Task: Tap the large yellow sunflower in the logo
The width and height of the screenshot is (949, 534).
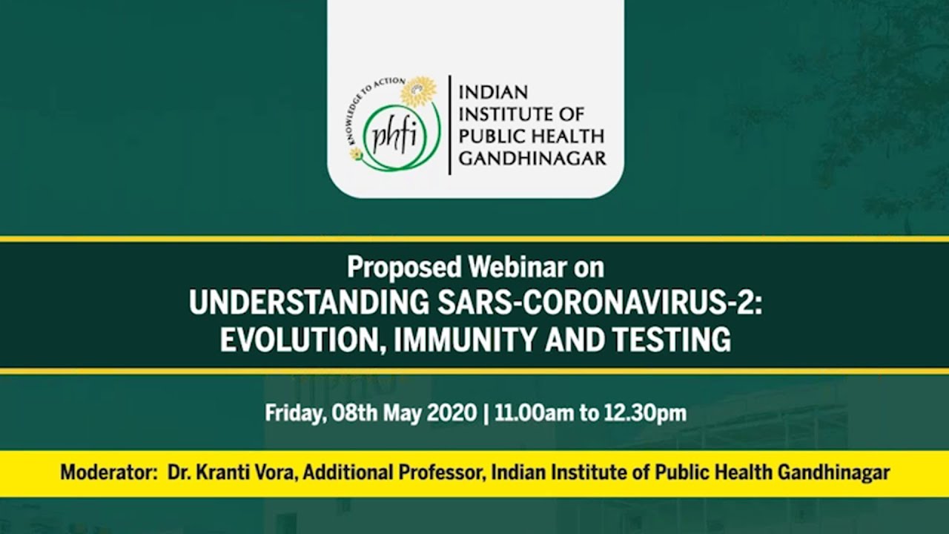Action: [x=419, y=91]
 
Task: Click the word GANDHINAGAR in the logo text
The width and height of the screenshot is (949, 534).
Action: [x=532, y=159]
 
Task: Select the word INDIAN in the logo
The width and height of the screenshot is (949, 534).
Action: [x=494, y=92]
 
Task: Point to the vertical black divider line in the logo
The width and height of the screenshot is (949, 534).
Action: [x=449, y=125]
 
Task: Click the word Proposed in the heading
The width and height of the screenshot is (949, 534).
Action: [x=405, y=268]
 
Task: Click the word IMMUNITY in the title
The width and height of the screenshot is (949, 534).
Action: [x=465, y=340]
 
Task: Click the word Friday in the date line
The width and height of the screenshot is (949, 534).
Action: [x=294, y=413]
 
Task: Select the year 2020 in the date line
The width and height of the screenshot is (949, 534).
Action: [x=452, y=413]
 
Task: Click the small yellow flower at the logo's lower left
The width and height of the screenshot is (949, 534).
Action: [x=356, y=155]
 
